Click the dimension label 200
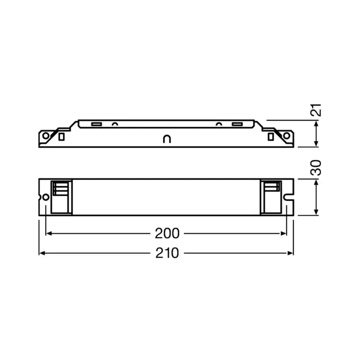[x=167, y=233]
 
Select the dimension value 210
[x=167, y=253]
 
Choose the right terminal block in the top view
[x=271, y=197]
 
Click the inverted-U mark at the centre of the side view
[x=166, y=139]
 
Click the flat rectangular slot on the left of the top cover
[x=95, y=124]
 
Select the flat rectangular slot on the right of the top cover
[x=237, y=124]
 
